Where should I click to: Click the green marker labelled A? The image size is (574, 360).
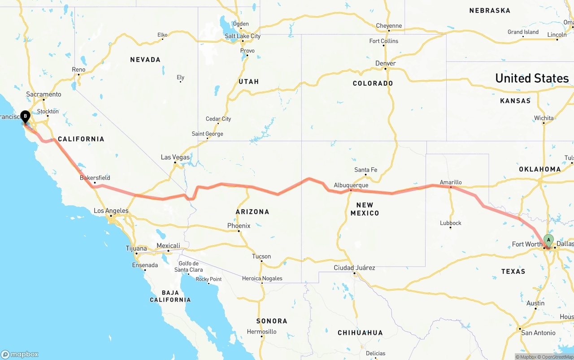[548, 240]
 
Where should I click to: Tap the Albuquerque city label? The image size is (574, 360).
[351, 185]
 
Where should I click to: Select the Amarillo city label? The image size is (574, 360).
[451, 182]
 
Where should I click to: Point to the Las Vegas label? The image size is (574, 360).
[175, 157]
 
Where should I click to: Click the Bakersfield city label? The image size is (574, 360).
[95, 178]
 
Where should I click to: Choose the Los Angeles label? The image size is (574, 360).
[111, 211]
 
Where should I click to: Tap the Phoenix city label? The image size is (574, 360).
[239, 226]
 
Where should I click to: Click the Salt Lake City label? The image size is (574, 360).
[243, 36]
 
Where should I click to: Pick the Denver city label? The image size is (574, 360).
[386, 64]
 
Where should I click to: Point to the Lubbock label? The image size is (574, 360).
[451, 223]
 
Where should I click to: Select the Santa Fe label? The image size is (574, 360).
[365, 170]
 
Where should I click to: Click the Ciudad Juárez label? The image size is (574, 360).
[354, 268]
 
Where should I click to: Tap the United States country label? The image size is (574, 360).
[532, 78]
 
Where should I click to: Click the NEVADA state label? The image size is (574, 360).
[145, 60]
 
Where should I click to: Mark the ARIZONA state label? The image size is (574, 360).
[252, 212]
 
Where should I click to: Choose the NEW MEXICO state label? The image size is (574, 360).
[365, 209]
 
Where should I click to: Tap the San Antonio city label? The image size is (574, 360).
[538, 333]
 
